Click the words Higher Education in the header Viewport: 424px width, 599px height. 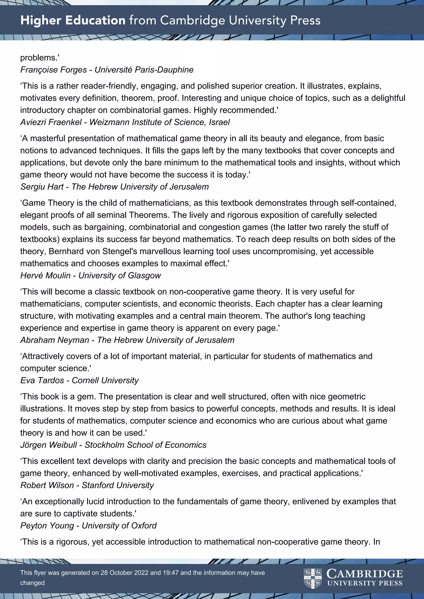[73, 20]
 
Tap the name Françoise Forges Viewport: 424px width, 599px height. [54, 70]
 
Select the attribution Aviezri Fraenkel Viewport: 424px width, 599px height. [51, 122]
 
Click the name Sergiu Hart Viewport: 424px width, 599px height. [42, 187]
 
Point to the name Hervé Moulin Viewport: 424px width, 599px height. [45, 276]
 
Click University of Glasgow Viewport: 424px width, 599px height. [120, 276]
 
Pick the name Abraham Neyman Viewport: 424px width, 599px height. [55, 340]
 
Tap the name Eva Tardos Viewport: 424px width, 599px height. [42, 380]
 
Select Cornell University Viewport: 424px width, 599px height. [105, 380]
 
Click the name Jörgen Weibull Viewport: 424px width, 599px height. [48, 445]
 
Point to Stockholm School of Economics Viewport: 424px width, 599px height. [145, 445]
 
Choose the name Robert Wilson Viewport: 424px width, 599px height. [47, 485]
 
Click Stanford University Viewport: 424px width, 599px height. [118, 485]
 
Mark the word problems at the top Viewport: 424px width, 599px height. [39, 58]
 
